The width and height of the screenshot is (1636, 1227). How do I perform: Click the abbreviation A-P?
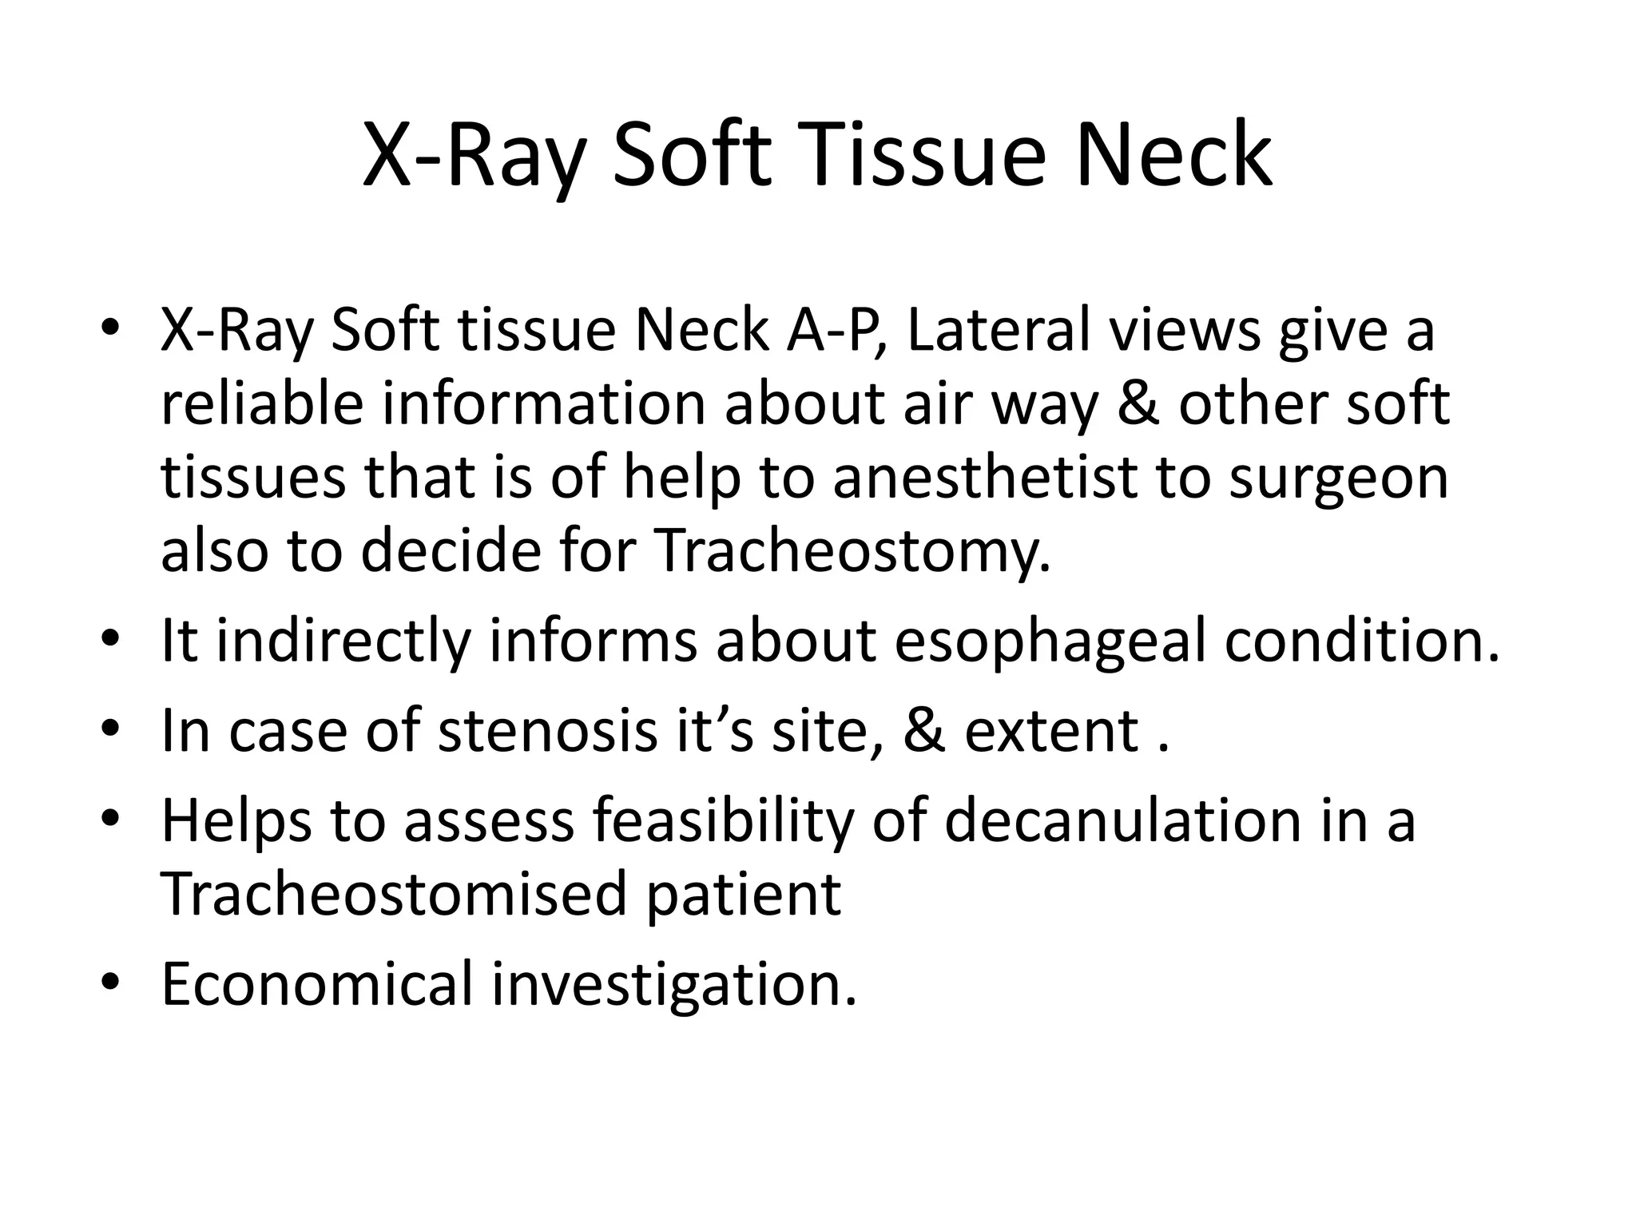coord(838,330)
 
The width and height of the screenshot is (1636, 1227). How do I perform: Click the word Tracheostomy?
coord(852,551)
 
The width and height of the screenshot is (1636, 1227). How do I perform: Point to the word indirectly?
coord(343,641)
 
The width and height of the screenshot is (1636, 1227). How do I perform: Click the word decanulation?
coord(1122,820)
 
